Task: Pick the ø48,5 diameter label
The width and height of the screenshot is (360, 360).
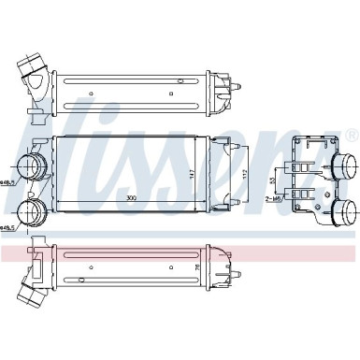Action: [9, 182]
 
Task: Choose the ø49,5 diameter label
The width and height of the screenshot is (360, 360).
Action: [9, 225]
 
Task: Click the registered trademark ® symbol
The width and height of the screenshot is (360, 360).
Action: [350, 137]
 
